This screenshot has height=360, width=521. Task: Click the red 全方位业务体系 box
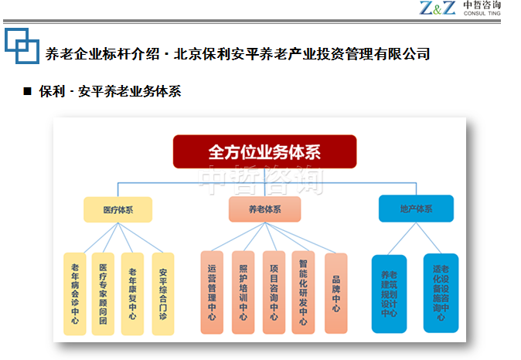(264, 151)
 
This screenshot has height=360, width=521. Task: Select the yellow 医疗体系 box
(117, 209)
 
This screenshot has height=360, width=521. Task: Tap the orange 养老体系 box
(264, 209)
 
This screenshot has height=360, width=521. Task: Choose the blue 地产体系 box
(416, 209)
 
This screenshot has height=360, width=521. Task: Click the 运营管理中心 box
(212, 293)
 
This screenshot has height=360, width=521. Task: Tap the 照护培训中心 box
(243, 293)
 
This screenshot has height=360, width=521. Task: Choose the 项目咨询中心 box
(274, 293)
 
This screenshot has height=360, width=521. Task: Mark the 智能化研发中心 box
(304, 293)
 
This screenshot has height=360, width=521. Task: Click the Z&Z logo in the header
(438, 8)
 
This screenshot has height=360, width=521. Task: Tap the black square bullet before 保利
(27, 91)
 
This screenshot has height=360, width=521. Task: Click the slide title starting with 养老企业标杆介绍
(237, 54)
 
